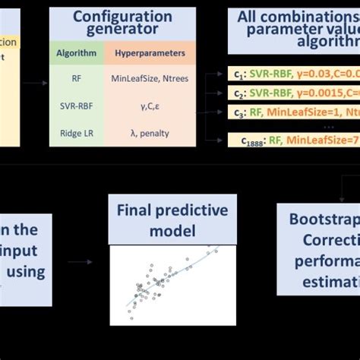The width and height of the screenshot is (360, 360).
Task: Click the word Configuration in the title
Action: (x=122, y=17)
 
